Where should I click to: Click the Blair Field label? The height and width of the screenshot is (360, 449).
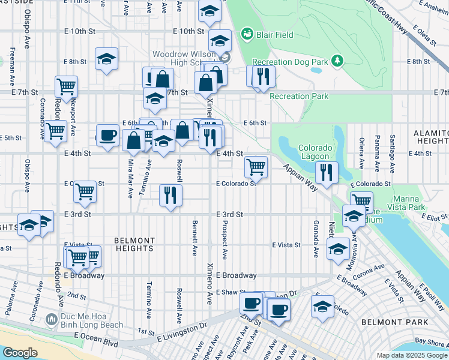coord(276,35)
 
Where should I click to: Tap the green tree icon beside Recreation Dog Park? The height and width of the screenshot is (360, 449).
coord(338,61)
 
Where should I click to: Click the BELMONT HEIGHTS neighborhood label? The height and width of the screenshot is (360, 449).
coord(135,244)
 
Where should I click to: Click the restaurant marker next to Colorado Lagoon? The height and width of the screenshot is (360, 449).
coord(327,172)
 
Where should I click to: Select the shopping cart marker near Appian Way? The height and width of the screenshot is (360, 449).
coord(256,166)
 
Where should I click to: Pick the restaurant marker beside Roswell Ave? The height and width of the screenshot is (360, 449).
coord(170,195)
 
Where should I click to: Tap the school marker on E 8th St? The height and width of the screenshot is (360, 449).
coord(106,58)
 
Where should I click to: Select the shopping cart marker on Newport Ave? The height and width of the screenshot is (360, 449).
coord(66,86)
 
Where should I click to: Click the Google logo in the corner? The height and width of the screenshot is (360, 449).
coord(20,353)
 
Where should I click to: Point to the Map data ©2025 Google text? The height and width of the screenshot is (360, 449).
coord(411,355)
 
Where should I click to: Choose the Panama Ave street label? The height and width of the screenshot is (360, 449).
coord(376,151)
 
